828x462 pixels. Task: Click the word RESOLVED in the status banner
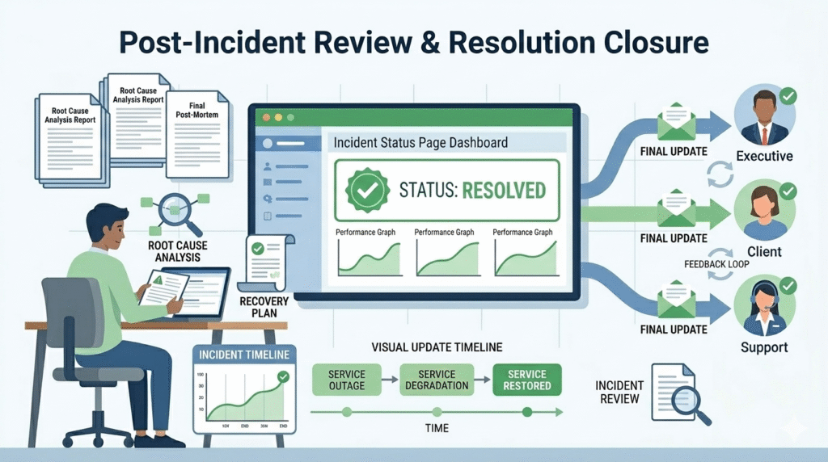point(494,191)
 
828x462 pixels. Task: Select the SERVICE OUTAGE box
point(347,380)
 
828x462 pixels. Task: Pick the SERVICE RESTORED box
point(527,380)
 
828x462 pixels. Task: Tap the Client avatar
point(765,212)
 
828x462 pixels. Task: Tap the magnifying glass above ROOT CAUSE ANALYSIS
point(174,212)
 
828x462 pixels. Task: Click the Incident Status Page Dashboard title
point(420,143)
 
